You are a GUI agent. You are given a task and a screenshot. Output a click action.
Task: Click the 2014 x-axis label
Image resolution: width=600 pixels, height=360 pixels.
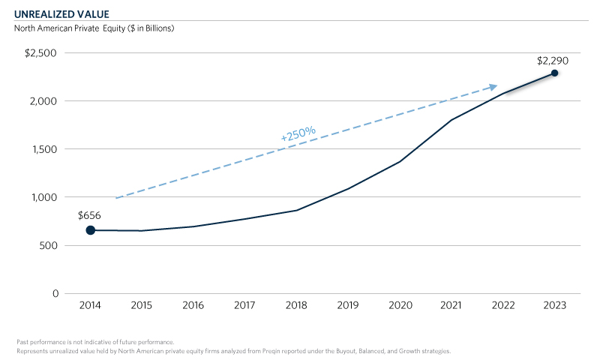(x=90, y=306)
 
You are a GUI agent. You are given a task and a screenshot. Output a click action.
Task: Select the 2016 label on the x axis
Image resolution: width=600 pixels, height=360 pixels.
(x=193, y=306)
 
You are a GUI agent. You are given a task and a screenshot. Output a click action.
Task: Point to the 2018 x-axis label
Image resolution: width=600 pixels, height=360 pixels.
(x=297, y=306)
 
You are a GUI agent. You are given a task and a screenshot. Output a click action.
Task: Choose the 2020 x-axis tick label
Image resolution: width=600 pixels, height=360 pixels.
(x=400, y=306)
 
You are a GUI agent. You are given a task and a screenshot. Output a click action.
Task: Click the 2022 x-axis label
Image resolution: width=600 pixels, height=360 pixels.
(x=503, y=306)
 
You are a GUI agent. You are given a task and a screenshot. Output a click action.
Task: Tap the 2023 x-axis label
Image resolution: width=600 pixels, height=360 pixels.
(x=554, y=306)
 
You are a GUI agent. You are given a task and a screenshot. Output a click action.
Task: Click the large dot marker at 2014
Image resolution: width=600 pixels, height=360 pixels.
(x=90, y=230)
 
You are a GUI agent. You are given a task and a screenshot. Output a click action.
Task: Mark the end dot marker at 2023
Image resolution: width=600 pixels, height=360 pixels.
(x=554, y=73)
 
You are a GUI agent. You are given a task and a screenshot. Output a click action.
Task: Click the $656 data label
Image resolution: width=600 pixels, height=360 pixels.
(x=89, y=215)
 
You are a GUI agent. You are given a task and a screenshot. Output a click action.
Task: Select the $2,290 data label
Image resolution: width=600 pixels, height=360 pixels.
(x=554, y=58)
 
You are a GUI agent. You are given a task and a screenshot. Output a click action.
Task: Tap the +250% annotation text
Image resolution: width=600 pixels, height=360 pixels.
(x=298, y=133)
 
